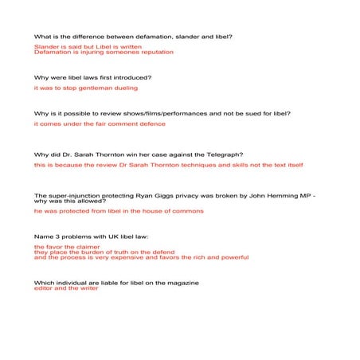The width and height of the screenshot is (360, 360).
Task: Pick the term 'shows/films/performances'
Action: pos(157,114)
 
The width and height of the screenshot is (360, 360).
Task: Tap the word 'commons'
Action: pos(186,212)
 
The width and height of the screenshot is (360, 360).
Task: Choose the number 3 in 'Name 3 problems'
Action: pos(56,237)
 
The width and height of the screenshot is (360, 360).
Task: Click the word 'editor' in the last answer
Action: pos(44,288)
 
